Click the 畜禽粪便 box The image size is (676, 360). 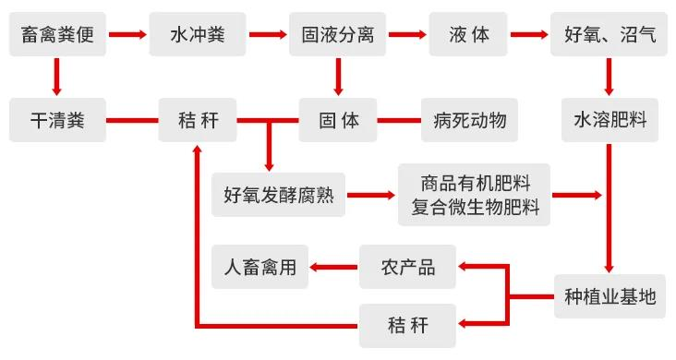tap(57, 36)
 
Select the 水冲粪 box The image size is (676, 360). tap(197, 36)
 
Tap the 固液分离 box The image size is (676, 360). tap(337, 36)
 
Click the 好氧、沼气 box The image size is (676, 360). tap(610, 36)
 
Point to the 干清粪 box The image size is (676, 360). tap(57, 120)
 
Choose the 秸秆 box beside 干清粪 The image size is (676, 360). tap(197, 120)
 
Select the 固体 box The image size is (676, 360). tap(337, 120)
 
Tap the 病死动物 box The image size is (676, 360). tap(469, 120)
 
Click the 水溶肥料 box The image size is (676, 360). tap(610, 120)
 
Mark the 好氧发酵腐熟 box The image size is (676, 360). tap(278, 196)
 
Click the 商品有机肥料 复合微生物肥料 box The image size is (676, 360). tap(474, 195)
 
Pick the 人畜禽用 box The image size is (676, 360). tap(260, 268)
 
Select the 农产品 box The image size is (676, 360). tap(407, 268)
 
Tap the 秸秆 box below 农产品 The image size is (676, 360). tap(407, 325)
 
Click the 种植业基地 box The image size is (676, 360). tap(610, 296)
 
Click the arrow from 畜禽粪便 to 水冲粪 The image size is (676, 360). tap(127, 36)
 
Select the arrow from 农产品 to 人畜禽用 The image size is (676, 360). tap(333, 268)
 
